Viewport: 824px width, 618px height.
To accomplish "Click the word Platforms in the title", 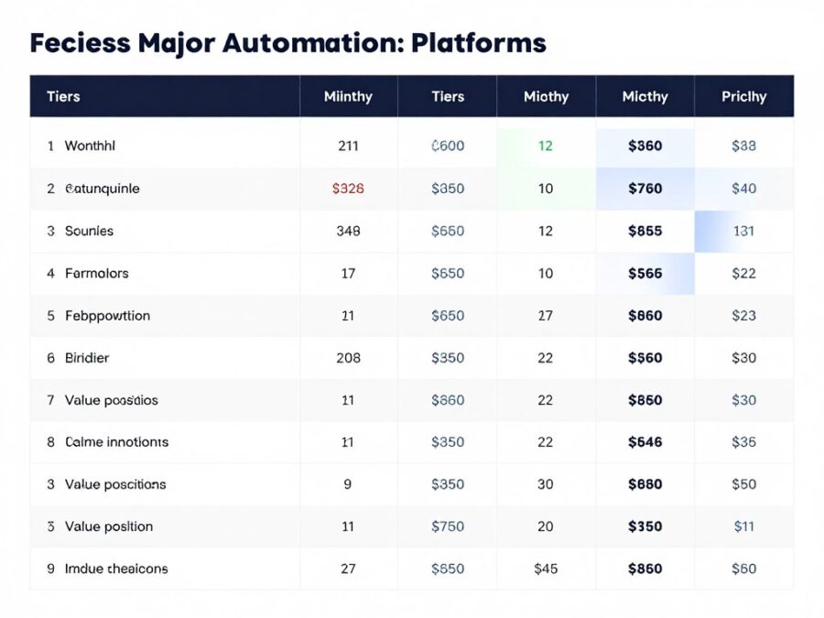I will point(479,43).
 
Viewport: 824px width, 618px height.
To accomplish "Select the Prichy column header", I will point(743,96).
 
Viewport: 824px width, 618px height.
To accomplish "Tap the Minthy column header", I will point(348,96).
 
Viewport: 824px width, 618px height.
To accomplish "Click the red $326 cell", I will point(348,189).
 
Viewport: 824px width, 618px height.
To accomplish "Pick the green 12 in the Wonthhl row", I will point(546,146).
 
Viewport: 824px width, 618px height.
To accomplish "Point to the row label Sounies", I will point(89,231).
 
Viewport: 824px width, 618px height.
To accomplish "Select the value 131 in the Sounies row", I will point(743,231).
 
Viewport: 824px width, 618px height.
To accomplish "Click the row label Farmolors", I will point(96,273).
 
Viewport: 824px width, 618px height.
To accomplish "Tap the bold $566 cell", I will point(645,273).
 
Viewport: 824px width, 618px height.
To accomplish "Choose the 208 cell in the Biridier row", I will point(348,358).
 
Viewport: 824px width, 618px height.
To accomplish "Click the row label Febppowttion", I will point(107,316).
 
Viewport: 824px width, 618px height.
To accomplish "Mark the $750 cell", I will point(448,526).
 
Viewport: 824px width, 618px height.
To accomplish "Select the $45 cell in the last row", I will point(546,569).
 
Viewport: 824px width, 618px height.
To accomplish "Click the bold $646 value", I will point(645,442).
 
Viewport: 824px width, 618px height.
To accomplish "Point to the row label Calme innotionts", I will point(116,442).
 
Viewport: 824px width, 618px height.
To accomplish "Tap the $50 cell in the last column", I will point(743,484).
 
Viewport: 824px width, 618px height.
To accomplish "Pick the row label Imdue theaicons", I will point(116,569).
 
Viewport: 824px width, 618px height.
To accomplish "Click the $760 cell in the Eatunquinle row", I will point(645,189).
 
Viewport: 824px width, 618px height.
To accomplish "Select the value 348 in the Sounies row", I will point(348,231).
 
